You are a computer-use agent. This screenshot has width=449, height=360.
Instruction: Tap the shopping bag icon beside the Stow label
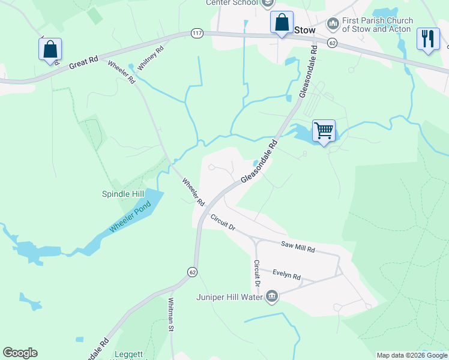pos(282,23)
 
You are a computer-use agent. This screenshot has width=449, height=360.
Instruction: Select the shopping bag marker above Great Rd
pos(50,49)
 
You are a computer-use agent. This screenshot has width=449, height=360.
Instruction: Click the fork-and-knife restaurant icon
pos(428,39)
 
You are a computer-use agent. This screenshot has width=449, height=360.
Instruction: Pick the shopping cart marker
pos(324,130)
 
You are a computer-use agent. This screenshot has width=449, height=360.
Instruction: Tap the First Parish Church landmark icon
pos(333,25)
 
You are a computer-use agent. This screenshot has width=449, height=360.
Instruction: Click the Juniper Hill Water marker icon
pos(272,296)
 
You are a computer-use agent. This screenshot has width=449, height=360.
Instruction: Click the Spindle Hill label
pos(122,194)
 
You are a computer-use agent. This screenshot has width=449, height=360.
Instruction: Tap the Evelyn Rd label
pos(286,274)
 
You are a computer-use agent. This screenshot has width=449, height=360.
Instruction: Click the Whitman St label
pos(171,315)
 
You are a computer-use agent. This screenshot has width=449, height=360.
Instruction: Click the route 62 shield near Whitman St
pos(192,272)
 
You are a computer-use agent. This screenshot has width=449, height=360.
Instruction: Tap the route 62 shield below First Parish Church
pos(332,43)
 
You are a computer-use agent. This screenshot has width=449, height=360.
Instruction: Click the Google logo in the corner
pos(20,353)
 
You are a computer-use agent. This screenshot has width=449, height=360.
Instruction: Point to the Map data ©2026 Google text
pos(412,355)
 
